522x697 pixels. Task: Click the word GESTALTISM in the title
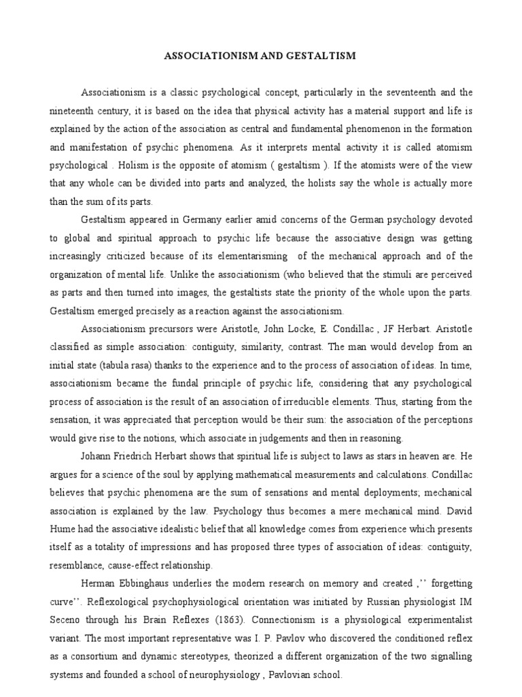pyautogui.click(x=321, y=56)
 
